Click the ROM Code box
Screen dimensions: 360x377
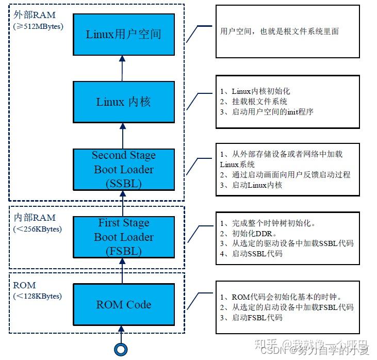tap(123, 304)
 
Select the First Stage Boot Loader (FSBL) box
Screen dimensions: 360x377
tap(123, 237)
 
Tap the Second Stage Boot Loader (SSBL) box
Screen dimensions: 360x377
tap(123, 169)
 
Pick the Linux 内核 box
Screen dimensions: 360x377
tap(123, 102)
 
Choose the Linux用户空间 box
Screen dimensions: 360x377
tap(123, 35)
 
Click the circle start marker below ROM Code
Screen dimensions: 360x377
tap(121, 350)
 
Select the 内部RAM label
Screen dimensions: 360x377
tap(34, 218)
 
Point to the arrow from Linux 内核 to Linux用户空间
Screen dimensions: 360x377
tap(122, 68)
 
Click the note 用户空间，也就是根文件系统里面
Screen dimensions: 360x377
tap(279, 31)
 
